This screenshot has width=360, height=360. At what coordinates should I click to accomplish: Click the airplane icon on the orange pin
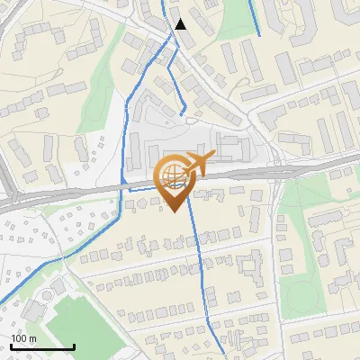click(199, 163)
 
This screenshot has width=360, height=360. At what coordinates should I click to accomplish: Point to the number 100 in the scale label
click(19, 338)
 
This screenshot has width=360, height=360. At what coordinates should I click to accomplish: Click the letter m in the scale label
click(33, 338)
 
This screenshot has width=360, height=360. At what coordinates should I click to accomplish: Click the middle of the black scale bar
click(42, 346)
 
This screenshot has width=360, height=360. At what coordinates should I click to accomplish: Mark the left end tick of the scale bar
click(11, 346)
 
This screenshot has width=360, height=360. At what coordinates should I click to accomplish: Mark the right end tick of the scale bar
click(74, 346)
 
